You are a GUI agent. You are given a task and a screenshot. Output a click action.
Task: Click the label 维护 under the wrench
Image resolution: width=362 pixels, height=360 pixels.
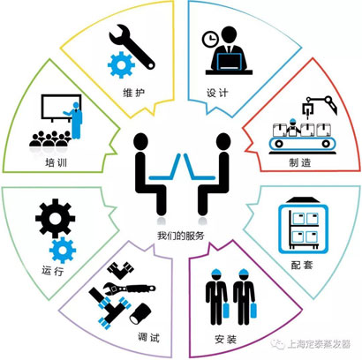point(134,93)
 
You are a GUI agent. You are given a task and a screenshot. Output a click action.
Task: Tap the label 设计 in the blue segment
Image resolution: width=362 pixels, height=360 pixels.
point(217,93)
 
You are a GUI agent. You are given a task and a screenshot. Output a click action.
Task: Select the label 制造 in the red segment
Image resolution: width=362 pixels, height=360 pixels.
point(300,162)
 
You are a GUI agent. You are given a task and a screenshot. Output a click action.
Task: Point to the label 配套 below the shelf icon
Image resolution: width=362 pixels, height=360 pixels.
point(302,265)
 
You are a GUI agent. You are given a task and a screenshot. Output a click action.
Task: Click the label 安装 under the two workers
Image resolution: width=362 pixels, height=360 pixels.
point(226,340)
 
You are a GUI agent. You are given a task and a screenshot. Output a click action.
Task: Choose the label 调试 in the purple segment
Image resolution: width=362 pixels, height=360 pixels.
point(148,337)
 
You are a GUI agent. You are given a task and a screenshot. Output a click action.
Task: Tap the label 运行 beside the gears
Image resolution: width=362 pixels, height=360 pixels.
point(53,270)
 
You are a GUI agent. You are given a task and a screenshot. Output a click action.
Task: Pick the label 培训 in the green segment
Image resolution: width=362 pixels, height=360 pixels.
point(57,162)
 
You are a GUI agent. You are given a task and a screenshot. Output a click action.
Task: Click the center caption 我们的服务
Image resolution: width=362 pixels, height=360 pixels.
point(181,236)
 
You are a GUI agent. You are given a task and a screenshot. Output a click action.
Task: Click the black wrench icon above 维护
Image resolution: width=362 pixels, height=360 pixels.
point(132,47)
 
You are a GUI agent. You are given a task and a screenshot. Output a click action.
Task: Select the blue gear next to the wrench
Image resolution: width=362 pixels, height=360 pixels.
point(121,64)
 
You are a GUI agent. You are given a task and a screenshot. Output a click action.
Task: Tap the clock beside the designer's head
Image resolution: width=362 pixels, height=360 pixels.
point(210,39)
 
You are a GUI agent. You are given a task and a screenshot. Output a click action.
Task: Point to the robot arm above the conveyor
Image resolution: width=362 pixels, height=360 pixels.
point(320,107)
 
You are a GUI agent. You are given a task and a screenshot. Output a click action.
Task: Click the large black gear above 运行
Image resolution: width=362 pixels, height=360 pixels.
point(56,219)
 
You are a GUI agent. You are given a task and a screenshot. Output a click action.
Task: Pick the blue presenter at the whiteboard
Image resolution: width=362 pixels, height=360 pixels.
point(75,121)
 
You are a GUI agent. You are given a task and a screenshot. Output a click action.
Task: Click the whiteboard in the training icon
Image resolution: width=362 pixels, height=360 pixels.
point(61,107)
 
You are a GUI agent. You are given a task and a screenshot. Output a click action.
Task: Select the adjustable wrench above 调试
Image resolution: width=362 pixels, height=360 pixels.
point(130,288)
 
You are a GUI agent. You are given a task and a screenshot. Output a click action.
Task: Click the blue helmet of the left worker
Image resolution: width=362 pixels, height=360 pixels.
point(216,273)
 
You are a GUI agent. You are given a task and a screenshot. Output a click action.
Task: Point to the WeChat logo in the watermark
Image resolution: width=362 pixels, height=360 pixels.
point(278,343)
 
